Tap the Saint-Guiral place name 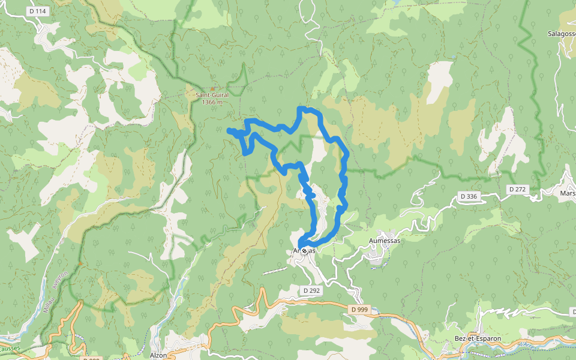[212, 95]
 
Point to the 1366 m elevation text [212, 102]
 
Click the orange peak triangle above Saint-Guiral [212, 89]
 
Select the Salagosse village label [562, 34]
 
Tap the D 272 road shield [517, 189]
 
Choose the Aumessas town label [384, 240]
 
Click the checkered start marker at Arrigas [305, 250]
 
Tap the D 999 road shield [359, 309]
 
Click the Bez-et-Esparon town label [478, 338]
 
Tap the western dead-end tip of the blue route [229, 130]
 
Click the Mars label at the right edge [568, 193]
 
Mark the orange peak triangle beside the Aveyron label [80, 263]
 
